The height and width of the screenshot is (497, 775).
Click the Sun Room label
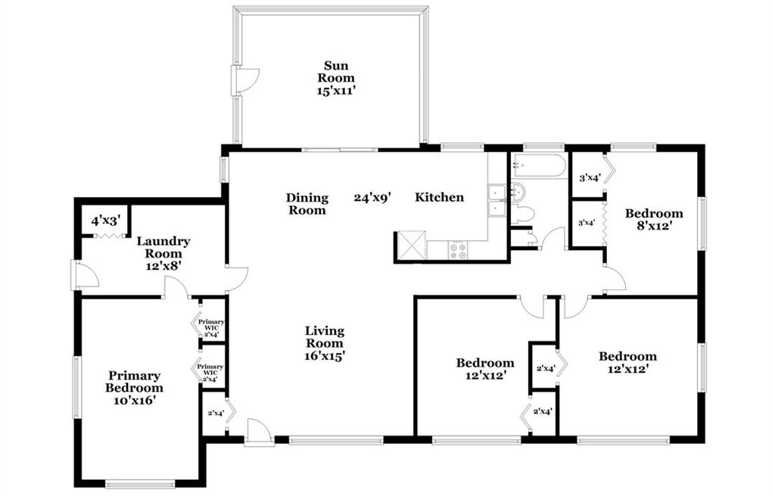pyautogui.click(x=336, y=78)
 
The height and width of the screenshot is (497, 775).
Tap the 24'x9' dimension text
pyautogui.click(x=372, y=198)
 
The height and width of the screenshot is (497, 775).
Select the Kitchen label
pyautogui.click(x=440, y=198)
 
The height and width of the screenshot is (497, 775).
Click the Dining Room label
pyautogui.click(x=307, y=204)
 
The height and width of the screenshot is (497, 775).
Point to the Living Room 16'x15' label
pyautogui.click(x=324, y=343)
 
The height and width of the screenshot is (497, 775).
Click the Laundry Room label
pyautogui.click(x=163, y=254)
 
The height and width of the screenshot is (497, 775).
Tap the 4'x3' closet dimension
pyautogui.click(x=106, y=220)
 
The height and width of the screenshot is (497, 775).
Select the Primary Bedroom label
pyautogui.click(x=134, y=388)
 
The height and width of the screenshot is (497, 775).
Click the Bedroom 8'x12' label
pyautogui.click(x=654, y=219)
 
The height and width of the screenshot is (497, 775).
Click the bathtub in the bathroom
pyautogui.click(x=539, y=165)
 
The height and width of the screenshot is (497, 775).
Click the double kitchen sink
pyautogui.click(x=496, y=201)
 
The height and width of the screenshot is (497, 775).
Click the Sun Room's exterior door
pyautogui.click(x=245, y=80)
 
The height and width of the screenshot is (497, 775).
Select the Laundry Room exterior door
pyautogui.click(x=85, y=275)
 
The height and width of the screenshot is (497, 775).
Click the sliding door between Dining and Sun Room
pyautogui.click(x=340, y=148)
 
